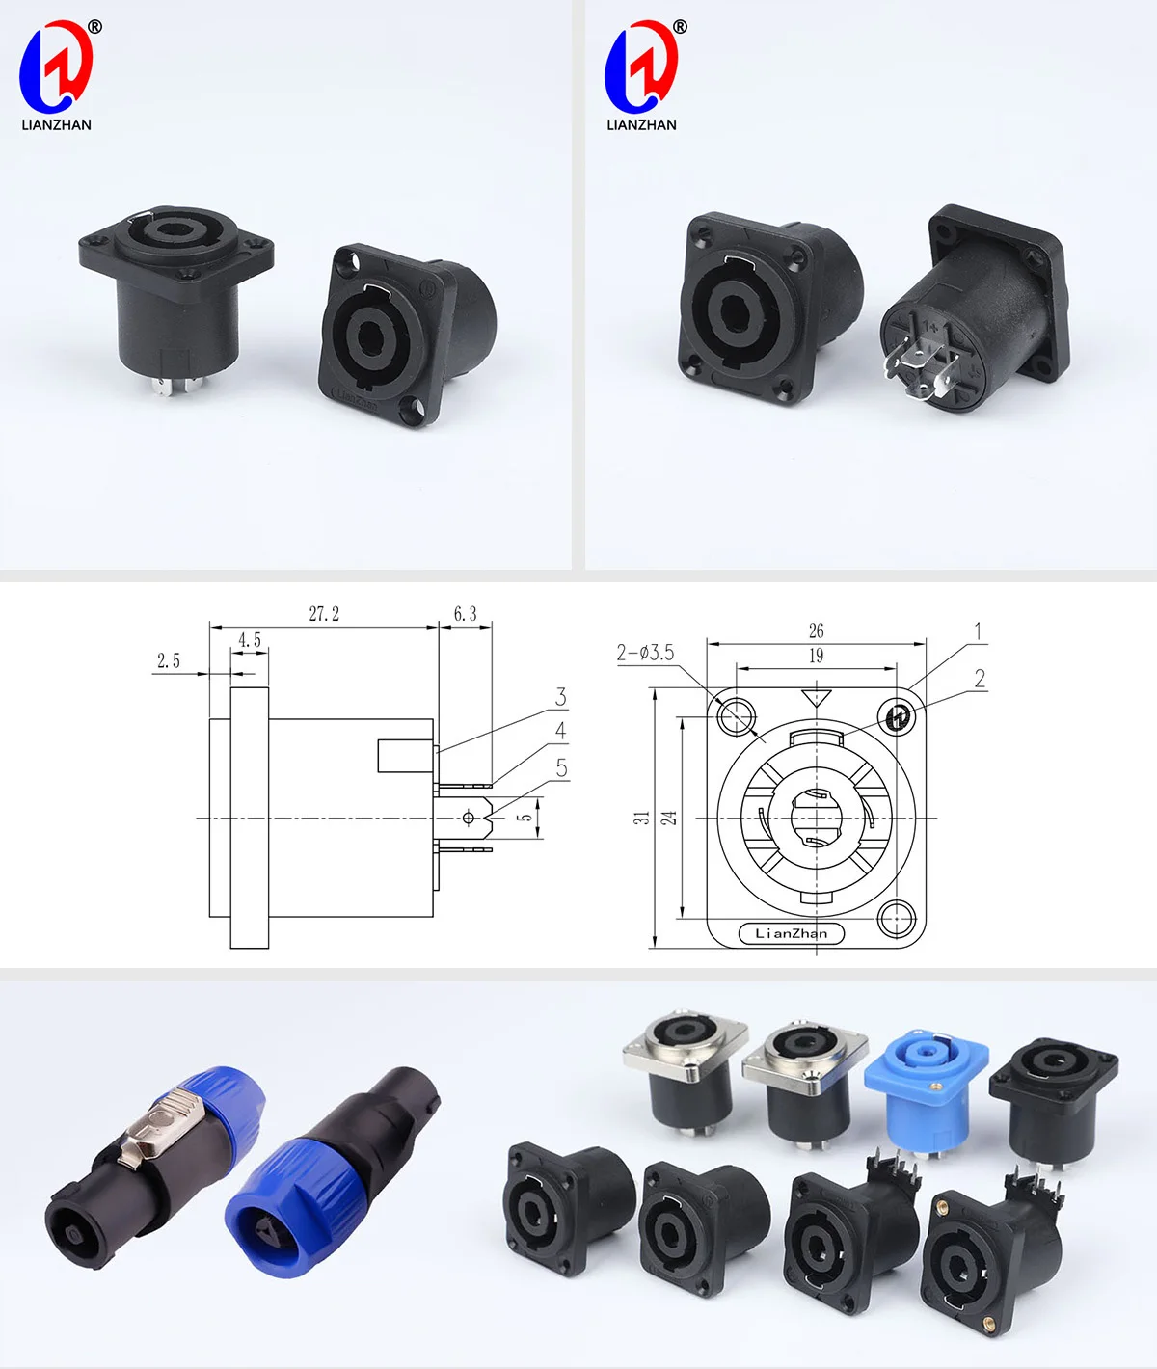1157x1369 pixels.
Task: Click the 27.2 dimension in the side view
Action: click(324, 614)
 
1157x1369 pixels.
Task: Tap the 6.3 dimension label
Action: click(465, 614)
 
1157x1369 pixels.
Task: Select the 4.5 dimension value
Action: click(250, 640)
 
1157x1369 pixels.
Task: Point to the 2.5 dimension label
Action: click(169, 660)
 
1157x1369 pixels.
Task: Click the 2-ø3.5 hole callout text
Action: click(645, 653)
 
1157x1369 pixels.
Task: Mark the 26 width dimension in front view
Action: click(816, 631)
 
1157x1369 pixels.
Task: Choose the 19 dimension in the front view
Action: click(816, 656)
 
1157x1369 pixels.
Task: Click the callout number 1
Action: click(978, 631)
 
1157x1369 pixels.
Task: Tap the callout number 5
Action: click(561, 768)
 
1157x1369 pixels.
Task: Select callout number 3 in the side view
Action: click(560, 697)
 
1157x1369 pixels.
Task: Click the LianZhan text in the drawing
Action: click(791, 933)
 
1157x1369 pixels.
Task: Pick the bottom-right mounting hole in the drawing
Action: click(897, 917)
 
